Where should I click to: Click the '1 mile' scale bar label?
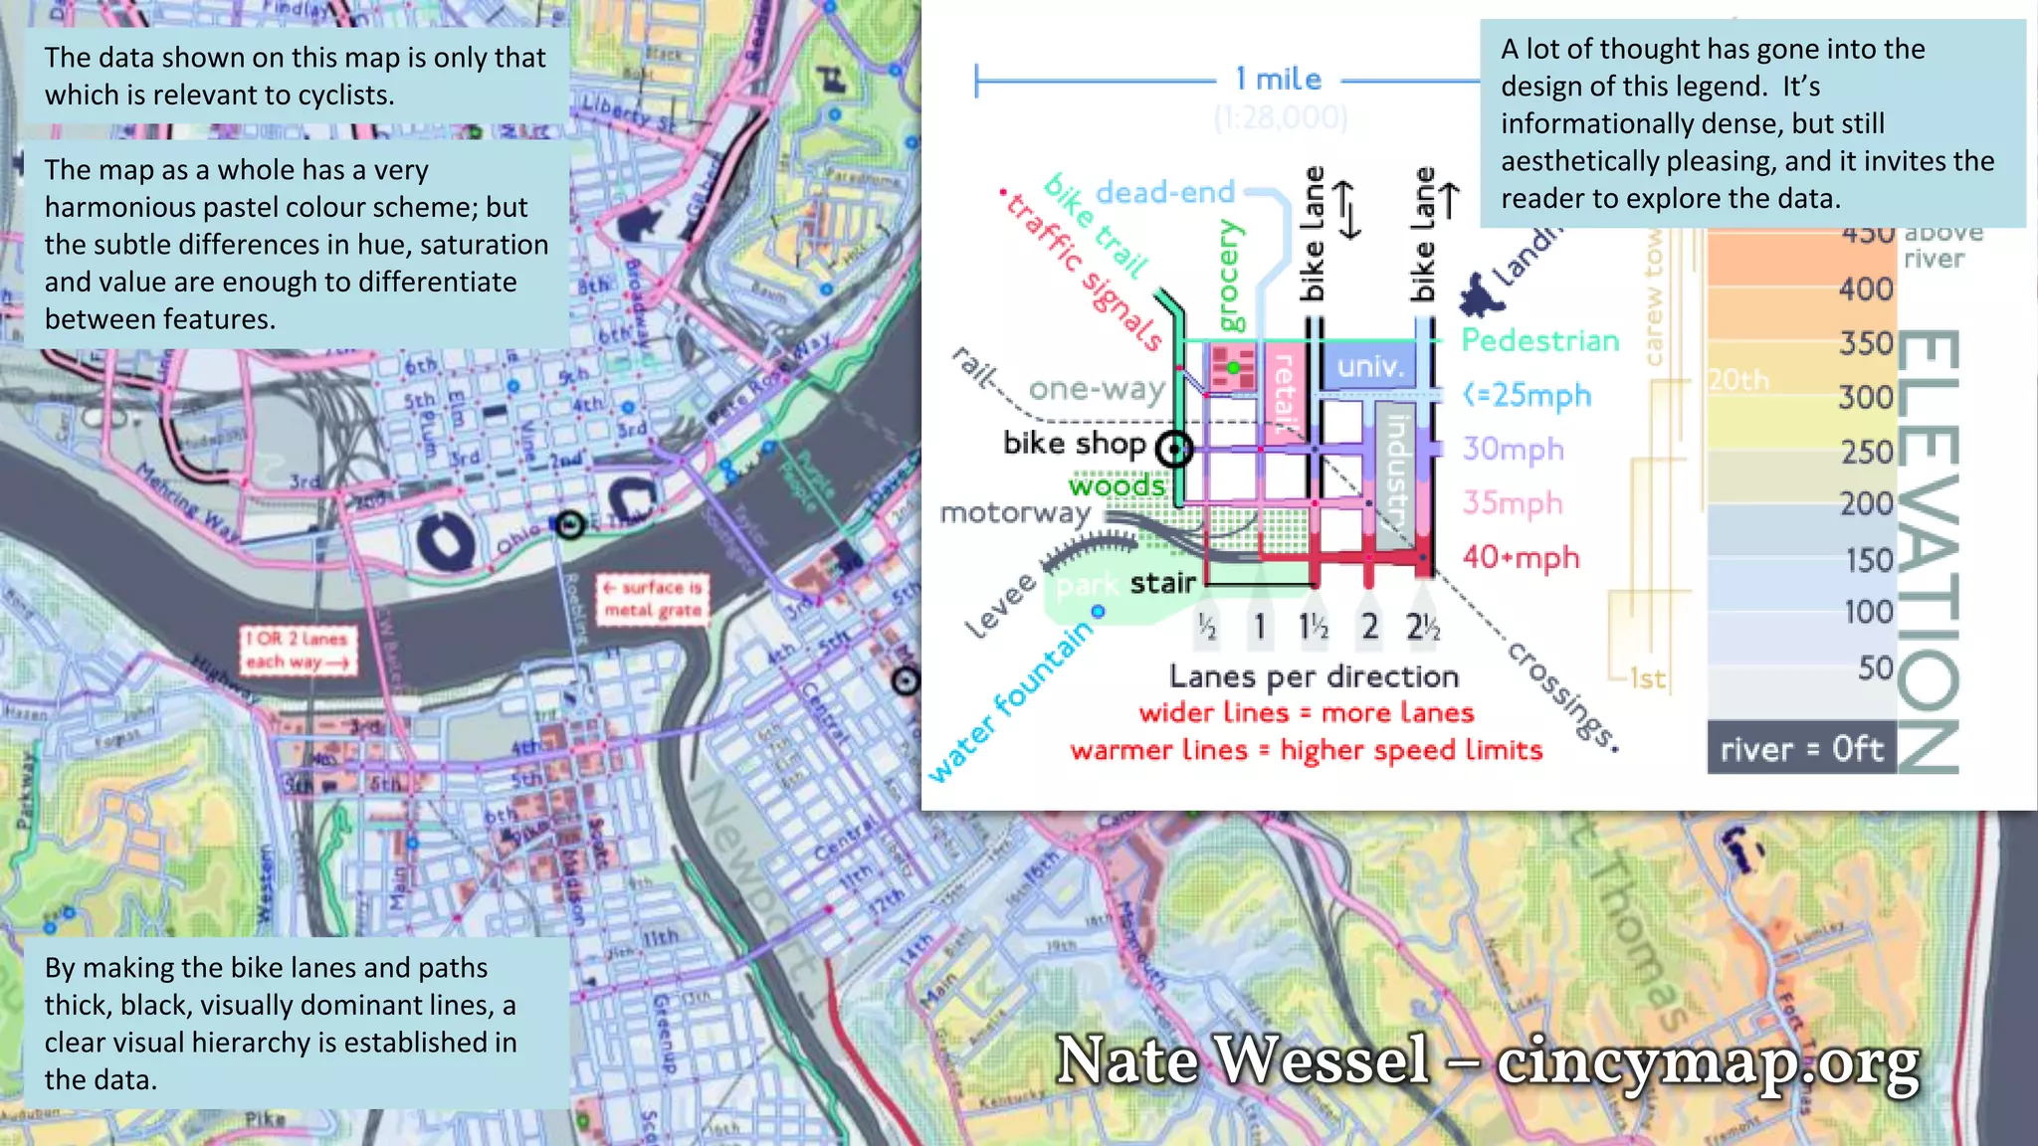(1279, 80)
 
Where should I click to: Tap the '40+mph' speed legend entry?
(1521, 557)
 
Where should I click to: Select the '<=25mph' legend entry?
(1528, 395)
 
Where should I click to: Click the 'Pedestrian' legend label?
(1539, 340)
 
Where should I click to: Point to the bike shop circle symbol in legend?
(1175, 450)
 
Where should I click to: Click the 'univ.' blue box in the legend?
(1370, 366)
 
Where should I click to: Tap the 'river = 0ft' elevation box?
(1801, 749)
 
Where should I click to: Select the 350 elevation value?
(1866, 343)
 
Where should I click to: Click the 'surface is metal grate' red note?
(654, 599)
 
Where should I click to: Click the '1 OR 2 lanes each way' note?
(298, 650)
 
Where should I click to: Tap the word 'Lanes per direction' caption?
(1314, 677)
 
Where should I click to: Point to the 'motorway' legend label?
(1015, 513)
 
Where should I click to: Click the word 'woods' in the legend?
(1116, 485)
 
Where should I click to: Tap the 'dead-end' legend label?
(1164, 192)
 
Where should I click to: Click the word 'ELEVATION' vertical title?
(1929, 552)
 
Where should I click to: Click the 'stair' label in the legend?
(1162, 583)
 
